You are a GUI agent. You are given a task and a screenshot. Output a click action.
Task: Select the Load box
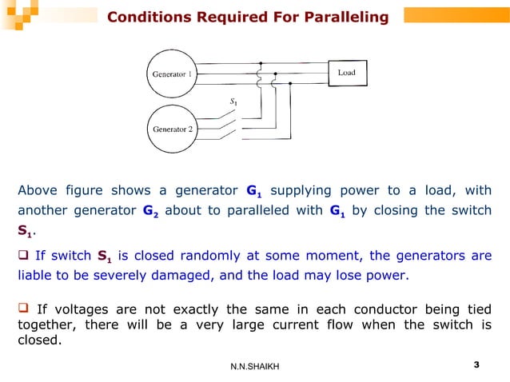(x=346, y=74)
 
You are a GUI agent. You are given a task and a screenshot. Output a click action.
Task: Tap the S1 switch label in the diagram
(x=233, y=102)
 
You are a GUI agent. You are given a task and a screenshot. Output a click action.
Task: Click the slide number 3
(x=476, y=365)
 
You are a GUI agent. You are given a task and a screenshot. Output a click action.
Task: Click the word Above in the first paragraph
(x=36, y=190)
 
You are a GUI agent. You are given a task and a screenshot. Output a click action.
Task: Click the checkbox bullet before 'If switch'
(x=24, y=257)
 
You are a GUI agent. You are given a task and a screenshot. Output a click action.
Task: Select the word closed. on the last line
(x=37, y=339)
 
